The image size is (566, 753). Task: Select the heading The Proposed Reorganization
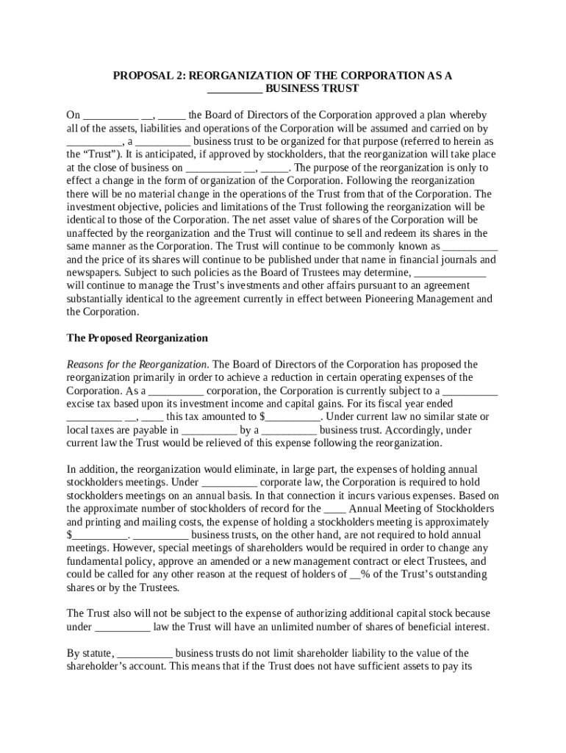(x=137, y=338)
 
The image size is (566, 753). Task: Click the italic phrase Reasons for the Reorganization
(x=137, y=365)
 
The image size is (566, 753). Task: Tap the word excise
(x=81, y=404)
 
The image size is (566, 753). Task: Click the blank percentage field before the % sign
(x=355, y=574)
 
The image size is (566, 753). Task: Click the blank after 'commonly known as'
(x=471, y=246)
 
